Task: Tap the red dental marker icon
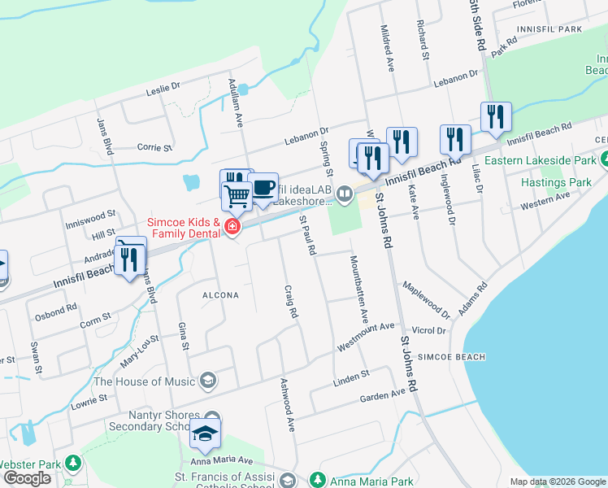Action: tap(232, 227)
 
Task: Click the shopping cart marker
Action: tap(237, 196)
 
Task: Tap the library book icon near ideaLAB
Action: tap(345, 193)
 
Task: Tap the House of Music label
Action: tap(145, 381)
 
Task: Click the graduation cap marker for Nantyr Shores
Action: tap(206, 434)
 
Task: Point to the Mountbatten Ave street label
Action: tap(358, 291)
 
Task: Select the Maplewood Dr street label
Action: tap(427, 299)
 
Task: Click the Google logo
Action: tap(28, 478)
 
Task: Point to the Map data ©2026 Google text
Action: tap(558, 481)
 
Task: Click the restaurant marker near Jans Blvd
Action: tap(129, 259)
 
